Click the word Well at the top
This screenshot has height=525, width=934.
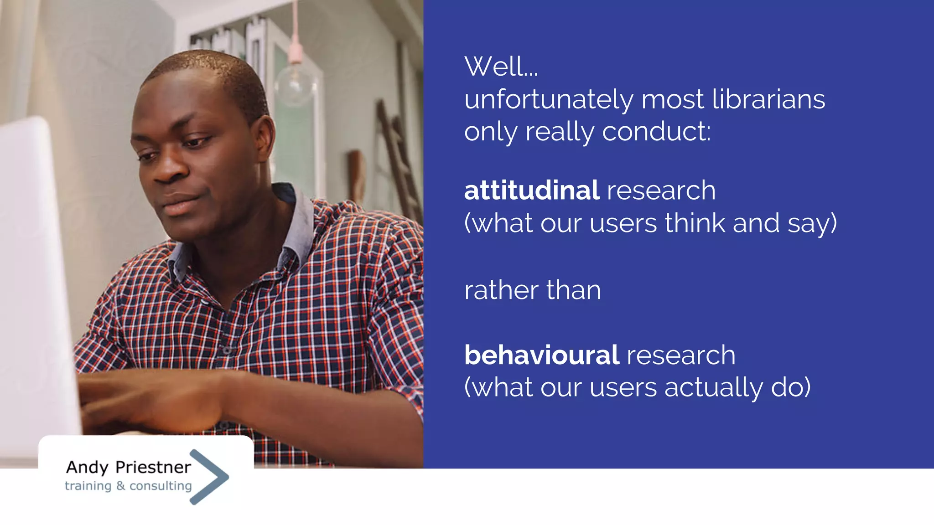pyautogui.click(x=495, y=67)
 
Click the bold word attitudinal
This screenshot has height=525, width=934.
pyautogui.click(x=531, y=190)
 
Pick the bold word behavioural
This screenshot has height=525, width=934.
pyautogui.click(x=541, y=355)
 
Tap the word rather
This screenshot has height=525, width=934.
pyautogui.click(x=501, y=290)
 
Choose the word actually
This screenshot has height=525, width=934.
pyautogui.click(x=713, y=388)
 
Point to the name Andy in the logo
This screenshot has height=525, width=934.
pyautogui.click(x=87, y=468)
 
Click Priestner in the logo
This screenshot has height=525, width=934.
pyautogui.click(x=153, y=467)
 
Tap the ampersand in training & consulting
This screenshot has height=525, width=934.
pyautogui.click(x=120, y=486)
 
